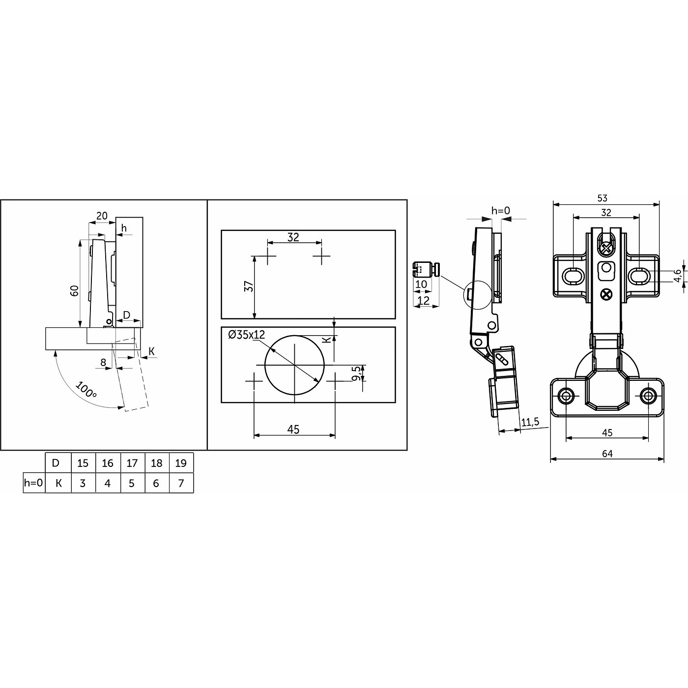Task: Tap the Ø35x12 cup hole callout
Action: click(x=247, y=335)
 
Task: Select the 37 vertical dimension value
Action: click(x=249, y=286)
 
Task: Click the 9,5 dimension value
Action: click(x=355, y=373)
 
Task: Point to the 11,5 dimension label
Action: click(x=530, y=422)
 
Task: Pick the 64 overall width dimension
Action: click(x=607, y=454)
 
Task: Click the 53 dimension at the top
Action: click(x=602, y=198)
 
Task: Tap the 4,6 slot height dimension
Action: click(x=677, y=276)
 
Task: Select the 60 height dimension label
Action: click(x=75, y=290)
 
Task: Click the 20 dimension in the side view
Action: click(x=102, y=216)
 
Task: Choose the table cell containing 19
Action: click(x=181, y=463)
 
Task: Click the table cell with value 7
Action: click(x=181, y=483)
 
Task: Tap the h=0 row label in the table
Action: click(x=34, y=483)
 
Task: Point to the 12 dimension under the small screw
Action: click(x=423, y=300)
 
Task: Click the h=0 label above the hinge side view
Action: click(x=501, y=211)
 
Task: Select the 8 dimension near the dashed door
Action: click(x=103, y=362)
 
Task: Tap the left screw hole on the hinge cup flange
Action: click(x=566, y=396)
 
